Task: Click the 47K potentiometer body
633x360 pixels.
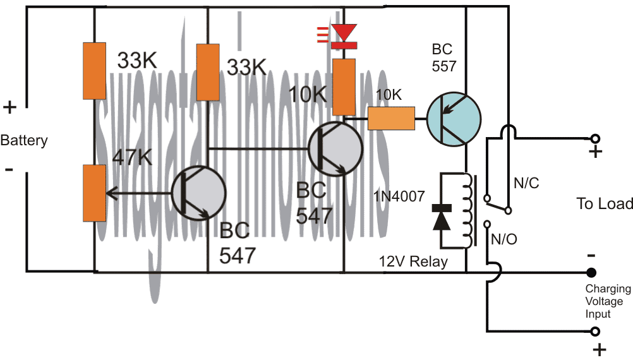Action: tap(93, 193)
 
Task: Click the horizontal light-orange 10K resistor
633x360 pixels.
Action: tap(392, 117)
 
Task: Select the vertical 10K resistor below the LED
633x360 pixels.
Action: tap(344, 87)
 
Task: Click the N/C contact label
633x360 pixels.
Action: tap(526, 184)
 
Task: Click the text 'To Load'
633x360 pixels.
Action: tap(604, 203)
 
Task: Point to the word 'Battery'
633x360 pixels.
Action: tap(23, 140)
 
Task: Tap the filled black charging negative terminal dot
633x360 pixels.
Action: tap(591, 273)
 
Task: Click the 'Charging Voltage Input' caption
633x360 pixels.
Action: tap(607, 301)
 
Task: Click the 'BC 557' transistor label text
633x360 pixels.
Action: tap(444, 57)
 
